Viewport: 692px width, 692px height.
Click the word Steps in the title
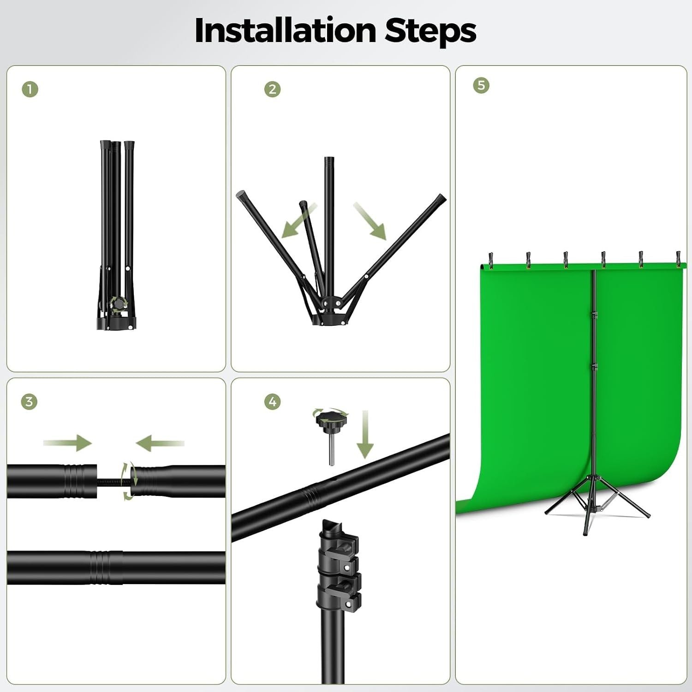coord(430,31)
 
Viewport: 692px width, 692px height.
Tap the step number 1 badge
coord(30,89)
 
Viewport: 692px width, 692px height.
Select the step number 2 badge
coord(272,89)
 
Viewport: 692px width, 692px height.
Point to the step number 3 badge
coord(30,401)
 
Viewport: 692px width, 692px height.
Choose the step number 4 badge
coord(272,401)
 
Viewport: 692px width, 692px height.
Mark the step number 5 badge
coord(481,85)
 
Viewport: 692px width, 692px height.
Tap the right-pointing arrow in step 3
coord(67,443)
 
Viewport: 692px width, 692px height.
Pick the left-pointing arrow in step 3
coord(160,443)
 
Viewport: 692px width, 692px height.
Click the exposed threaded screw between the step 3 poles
coord(114,481)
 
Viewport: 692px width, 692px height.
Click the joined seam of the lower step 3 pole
coord(101,567)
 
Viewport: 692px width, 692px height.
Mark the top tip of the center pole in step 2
coord(329,158)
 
